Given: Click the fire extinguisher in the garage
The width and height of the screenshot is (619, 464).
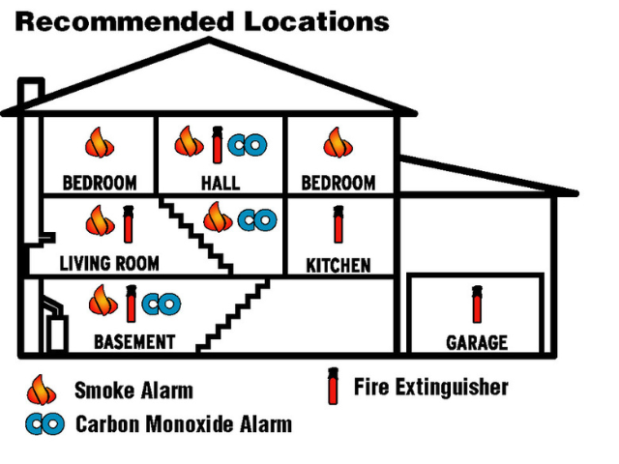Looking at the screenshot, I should pos(477,304).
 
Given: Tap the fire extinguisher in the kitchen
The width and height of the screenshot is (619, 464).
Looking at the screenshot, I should pos(338,225).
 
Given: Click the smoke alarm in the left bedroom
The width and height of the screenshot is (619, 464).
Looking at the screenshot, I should pos(99,144).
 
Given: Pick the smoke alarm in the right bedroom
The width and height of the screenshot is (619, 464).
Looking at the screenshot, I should pos(337,144).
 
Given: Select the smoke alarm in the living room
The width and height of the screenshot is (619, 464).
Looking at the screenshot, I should pos(99,222).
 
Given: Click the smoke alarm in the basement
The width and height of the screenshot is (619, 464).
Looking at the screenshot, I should pos(103,302).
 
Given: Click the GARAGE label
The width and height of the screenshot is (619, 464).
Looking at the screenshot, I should pos(476,343).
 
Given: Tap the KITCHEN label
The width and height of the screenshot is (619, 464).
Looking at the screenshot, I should pos(338,265).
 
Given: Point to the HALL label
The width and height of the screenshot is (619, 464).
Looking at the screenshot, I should pos(221,183).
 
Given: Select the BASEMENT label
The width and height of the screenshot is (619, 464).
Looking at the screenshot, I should pos(134,342).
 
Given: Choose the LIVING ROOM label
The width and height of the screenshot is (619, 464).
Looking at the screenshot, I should pos(109,263).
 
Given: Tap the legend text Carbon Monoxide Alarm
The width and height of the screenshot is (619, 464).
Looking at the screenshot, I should pos(184,423).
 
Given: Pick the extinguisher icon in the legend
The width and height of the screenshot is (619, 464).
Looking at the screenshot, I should pos(334,387).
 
